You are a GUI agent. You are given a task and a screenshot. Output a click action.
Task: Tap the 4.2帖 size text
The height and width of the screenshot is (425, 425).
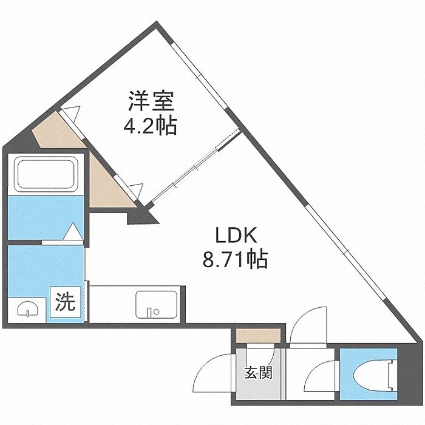coord(149,126)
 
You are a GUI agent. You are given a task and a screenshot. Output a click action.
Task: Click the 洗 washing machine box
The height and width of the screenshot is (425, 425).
coord(66,302)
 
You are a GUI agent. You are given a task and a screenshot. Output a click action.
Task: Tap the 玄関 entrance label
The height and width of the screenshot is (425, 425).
coord(258,372)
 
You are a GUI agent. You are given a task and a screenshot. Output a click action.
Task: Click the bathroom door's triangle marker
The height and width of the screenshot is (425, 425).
coord(73,232)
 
